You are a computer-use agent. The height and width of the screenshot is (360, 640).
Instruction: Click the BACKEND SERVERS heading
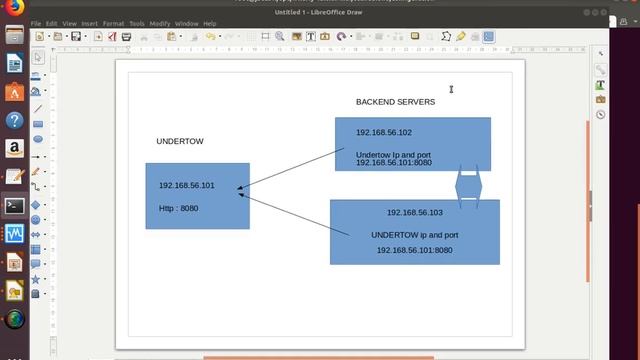point(395,102)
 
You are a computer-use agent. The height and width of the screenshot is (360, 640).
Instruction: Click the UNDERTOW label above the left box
point(180,141)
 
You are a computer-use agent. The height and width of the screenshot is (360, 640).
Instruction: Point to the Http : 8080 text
point(179,209)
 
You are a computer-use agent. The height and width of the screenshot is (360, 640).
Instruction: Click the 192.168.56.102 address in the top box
point(384,132)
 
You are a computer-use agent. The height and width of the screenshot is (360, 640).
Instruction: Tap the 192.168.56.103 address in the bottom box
point(414,212)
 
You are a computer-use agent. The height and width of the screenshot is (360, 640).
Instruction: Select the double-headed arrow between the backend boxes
point(469,187)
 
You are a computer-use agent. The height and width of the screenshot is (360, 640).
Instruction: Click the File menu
point(36,23)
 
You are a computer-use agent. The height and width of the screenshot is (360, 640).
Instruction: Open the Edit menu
point(52,23)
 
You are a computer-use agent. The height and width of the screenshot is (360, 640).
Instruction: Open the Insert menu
point(90,23)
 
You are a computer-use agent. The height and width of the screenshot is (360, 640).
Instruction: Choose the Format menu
point(113,23)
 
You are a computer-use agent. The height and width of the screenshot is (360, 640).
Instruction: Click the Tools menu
point(137,23)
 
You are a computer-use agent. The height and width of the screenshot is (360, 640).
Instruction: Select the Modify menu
point(160,23)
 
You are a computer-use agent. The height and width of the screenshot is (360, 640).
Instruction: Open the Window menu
point(187,23)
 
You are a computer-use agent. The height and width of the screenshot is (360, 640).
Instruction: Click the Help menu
point(210,23)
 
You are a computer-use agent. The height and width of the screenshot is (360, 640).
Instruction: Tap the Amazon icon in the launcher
point(14,148)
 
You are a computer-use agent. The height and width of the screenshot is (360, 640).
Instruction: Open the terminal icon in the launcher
point(14,206)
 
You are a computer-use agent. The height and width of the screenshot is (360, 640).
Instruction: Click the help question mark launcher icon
point(14,120)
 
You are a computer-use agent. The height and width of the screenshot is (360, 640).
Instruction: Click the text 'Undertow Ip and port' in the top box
point(394,154)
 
